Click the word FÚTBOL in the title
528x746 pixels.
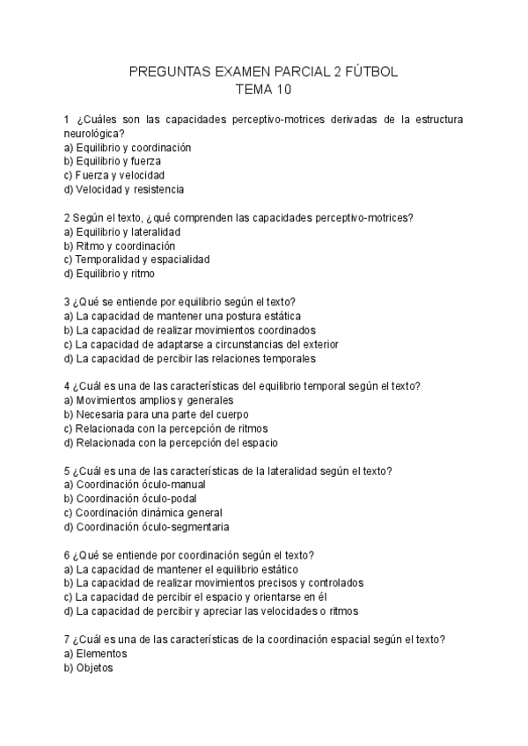point(374,72)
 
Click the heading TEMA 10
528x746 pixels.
point(263,89)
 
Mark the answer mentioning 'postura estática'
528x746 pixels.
point(188,316)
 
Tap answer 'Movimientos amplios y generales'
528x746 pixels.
point(148,400)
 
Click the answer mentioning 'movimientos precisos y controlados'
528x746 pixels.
point(220,582)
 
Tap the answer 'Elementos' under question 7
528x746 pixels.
point(101,654)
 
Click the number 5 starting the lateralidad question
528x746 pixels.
point(68,470)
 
